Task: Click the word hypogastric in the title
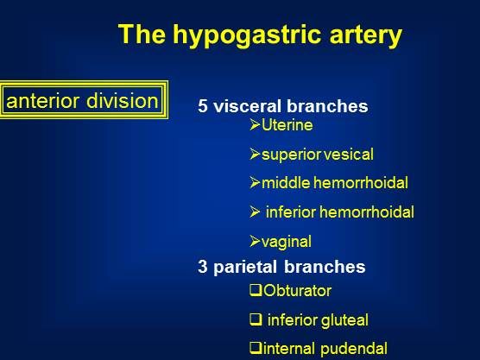point(247,35)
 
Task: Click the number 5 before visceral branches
point(203,106)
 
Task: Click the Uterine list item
point(287,125)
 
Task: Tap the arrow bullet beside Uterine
point(255,124)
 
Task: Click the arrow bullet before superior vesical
point(255,154)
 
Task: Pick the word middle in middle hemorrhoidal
point(286,183)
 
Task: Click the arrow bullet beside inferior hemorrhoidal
point(255,212)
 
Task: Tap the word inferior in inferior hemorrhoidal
point(291,212)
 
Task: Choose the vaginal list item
point(287,242)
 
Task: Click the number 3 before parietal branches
point(203,267)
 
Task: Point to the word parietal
point(245,267)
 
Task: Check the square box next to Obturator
point(256,290)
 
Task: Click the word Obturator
point(297,291)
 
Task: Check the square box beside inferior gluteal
point(256,319)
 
